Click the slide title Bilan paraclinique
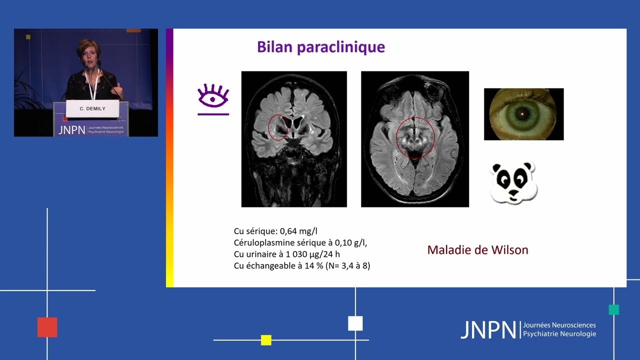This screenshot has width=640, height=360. (320, 47)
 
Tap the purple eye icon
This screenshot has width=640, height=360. (213, 96)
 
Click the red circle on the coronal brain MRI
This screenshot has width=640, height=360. (278, 127)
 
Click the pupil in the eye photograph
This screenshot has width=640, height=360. (523, 114)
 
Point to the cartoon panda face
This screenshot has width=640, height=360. (513, 182)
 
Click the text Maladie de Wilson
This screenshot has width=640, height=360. (477, 250)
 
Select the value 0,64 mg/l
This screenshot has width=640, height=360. (298, 231)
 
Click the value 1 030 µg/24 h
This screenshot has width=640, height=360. (313, 254)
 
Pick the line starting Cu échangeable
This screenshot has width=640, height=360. (301, 265)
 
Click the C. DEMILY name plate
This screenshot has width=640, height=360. (92, 108)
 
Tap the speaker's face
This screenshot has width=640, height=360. (88, 54)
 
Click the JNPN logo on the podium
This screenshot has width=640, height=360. (71, 130)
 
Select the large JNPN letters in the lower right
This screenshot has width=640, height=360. (488, 330)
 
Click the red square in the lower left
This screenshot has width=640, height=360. (47, 327)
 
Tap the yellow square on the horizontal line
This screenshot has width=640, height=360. (266, 340)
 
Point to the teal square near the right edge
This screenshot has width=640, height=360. (614, 309)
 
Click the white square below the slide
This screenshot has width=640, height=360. (355, 323)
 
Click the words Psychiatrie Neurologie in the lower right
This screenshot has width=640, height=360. (559, 334)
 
